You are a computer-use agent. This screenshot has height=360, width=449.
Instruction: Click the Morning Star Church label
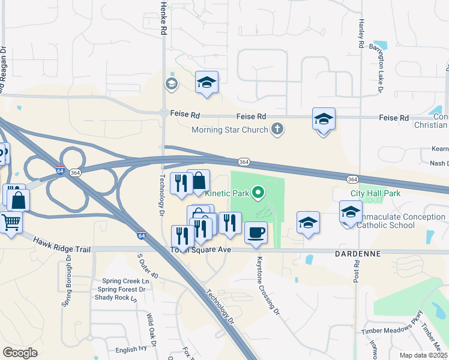[x=230, y=130]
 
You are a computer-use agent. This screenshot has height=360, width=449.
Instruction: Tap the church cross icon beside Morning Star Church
[x=277, y=129]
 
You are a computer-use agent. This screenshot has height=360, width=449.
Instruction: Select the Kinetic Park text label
[x=228, y=193]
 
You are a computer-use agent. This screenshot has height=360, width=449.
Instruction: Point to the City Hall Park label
[x=376, y=194]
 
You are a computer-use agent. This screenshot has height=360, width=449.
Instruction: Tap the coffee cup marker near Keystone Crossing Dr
[x=256, y=233]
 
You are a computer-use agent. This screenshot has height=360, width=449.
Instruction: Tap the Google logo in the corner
[x=20, y=353]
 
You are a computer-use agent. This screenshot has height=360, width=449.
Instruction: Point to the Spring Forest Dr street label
[x=120, y=289]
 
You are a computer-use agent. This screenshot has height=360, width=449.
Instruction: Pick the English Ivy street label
[x=131, y=349]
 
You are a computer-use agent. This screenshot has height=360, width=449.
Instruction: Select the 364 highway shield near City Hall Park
[x=352, y=179]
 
